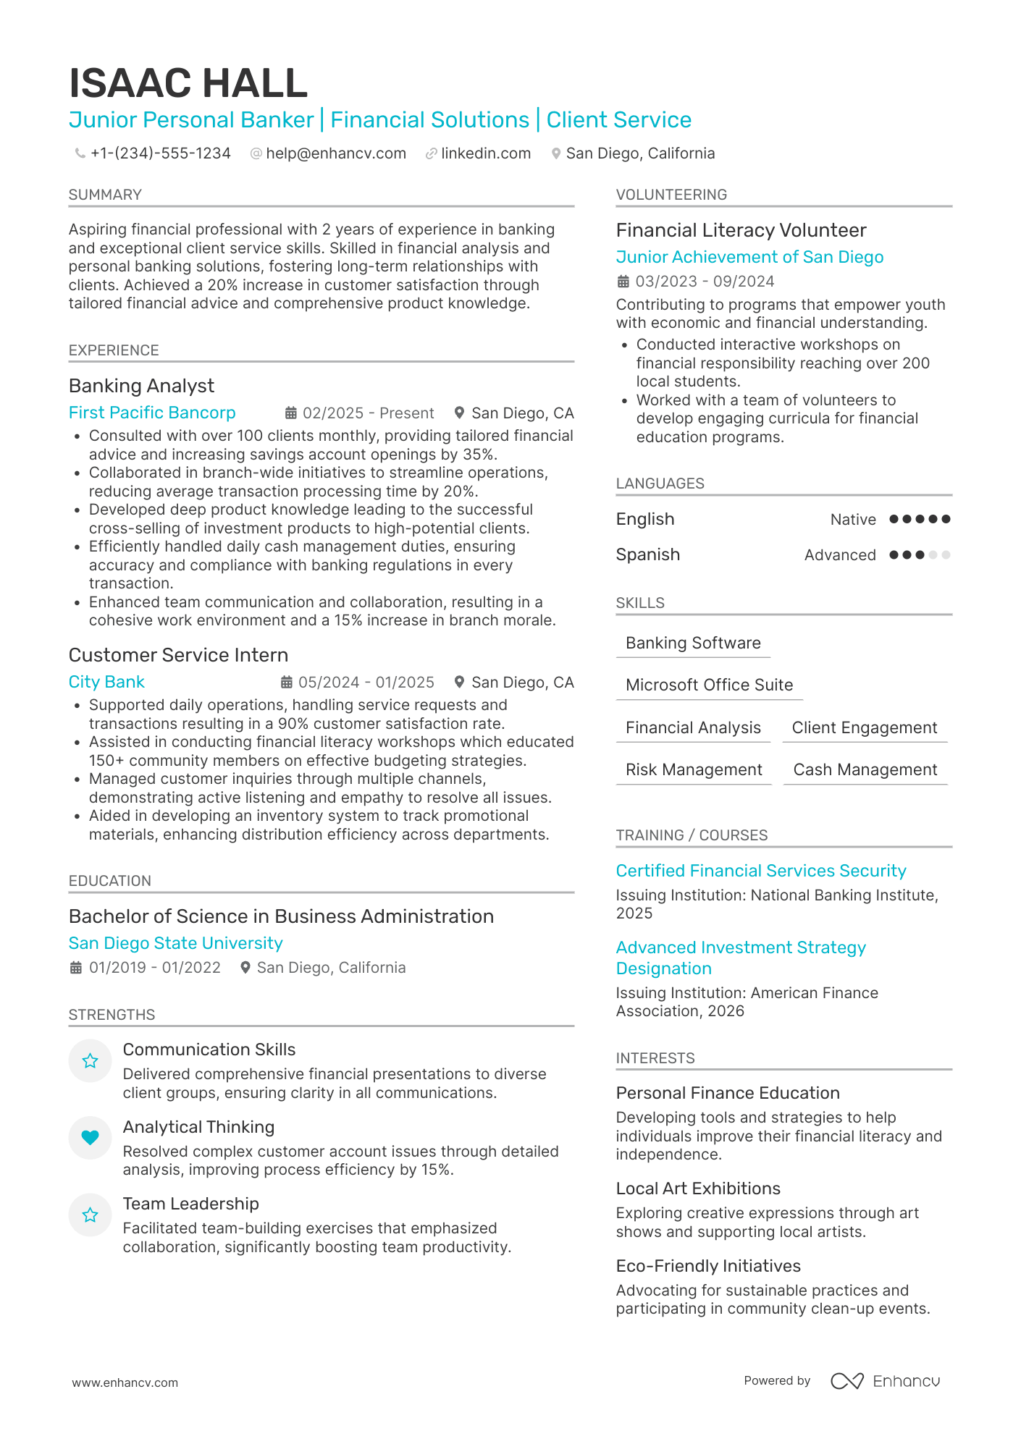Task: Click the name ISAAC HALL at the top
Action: click(188, 83)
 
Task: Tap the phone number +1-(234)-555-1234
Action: click(160, 153)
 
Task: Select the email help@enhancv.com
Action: click(335, 153)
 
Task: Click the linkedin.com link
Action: click(485, 153)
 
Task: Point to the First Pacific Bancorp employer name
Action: click(152, 413)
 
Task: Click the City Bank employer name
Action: click(106, 682)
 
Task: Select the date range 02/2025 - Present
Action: click(368, 413)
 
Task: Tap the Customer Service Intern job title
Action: click(178, 655)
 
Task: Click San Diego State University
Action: click(175, 943)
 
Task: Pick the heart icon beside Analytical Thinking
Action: click(90, 1138)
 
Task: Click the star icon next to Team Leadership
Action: click(90, 1215)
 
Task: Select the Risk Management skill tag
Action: click(694, 769)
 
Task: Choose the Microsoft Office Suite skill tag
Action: click(709, 685)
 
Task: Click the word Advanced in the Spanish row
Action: click(840, 555)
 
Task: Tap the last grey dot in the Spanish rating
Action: click(946, 555)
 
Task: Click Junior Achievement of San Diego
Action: click(749, 257)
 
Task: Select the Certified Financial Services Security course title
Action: click(761, 871)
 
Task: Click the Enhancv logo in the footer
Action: click(885, 1381)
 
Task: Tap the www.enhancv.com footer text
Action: click(125, 1382)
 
